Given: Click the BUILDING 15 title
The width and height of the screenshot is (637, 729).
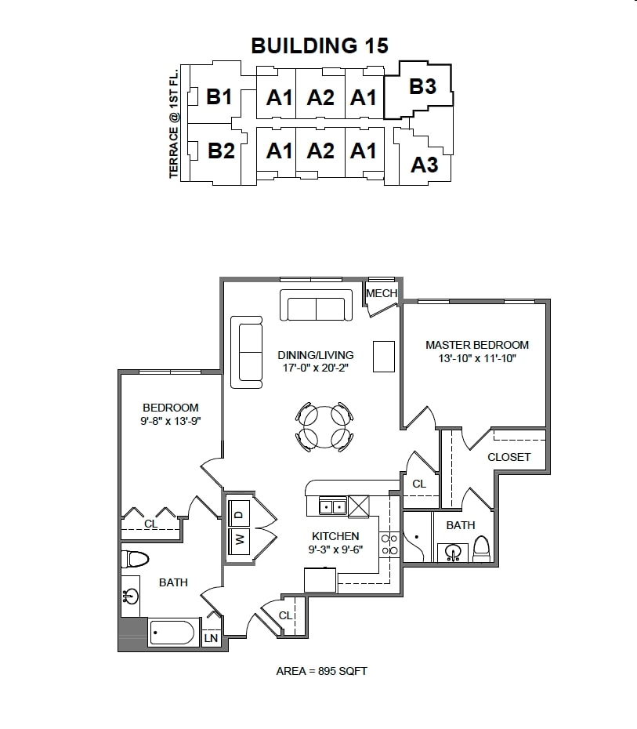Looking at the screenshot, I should click(319, 45).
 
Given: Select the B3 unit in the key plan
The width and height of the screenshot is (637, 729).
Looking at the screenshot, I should click(423, 86).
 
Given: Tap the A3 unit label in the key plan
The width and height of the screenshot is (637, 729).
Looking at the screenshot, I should click(425, 165).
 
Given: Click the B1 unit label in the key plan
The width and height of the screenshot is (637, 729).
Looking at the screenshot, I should click(220, 97).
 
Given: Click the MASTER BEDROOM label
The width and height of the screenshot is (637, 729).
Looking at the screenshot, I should click(476, 344).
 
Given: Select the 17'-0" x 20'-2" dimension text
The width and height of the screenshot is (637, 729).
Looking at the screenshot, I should click(316, 367).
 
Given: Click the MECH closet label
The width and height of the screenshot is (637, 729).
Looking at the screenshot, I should click(382, 294).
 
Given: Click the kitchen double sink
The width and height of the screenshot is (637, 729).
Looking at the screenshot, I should click(332, 507).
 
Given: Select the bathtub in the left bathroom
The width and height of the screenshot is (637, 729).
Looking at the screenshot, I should click(172, 632).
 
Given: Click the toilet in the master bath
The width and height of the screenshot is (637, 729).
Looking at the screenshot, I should click(482, 549).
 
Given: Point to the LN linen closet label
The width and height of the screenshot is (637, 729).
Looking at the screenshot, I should click(211, 639).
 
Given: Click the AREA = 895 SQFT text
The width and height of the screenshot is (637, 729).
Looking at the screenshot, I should click(321, 671).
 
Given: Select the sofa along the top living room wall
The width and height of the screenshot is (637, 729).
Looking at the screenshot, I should click(317, 306).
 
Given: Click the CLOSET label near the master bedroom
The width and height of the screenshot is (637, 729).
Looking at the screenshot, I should click(509, 457).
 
